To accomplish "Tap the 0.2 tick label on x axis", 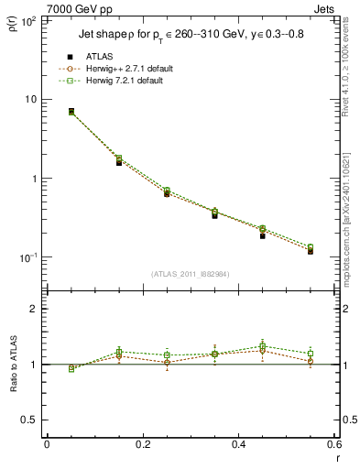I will [142, 444].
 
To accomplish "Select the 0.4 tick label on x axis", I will [238, 444].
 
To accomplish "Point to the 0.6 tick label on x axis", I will [333, 444].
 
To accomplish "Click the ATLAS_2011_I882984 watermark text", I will [190, 273].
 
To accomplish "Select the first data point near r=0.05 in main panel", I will [71, 112].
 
